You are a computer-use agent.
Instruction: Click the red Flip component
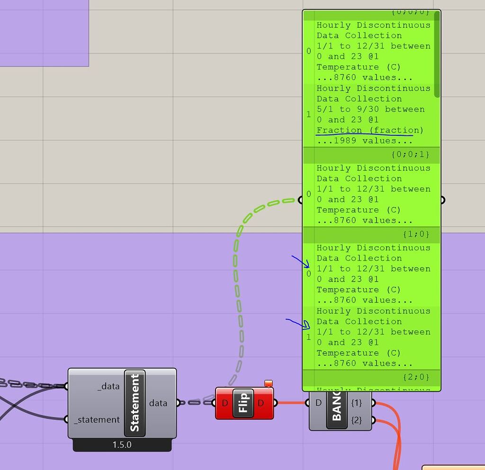pos(244,403)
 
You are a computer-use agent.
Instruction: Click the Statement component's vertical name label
pos(135,403)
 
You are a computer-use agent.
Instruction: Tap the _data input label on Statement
pos(109,386)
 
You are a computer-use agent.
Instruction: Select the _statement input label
pos(97,419)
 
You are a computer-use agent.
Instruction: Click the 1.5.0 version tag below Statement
pos(122,445)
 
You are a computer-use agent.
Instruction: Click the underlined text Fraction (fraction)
pos(369,130)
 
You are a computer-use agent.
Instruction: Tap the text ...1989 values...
pos(364,141)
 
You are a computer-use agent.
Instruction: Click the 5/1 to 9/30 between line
pos(370,109)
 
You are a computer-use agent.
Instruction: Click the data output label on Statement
pos(158,403)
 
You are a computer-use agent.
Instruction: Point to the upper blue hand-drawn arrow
pos(300,261)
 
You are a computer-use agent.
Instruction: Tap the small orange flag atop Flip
pos(269,383)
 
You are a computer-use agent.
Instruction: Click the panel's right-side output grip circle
pos(442,200)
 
